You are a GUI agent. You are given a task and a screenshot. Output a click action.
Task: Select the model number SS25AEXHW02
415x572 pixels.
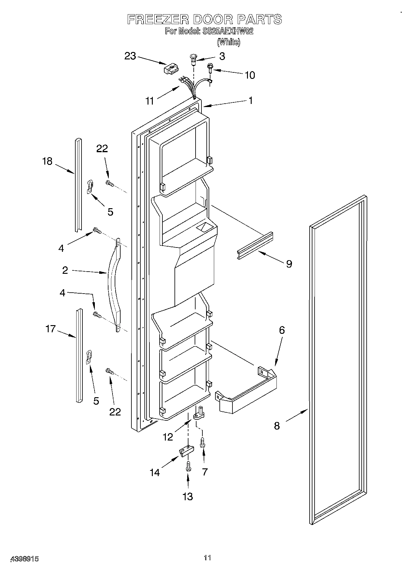click(x=228, y=31)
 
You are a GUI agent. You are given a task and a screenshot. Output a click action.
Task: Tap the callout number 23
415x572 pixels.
click(x=130, y=56)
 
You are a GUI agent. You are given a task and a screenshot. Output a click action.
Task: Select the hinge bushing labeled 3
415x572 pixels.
click(x=193, y=59)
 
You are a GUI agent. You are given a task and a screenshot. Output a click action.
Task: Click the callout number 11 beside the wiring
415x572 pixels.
click(x=150, y=101)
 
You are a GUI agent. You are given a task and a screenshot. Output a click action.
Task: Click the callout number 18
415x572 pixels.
click(x=47, y=161)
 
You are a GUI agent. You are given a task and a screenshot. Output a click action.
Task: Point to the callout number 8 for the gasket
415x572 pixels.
click(x=277, y=426)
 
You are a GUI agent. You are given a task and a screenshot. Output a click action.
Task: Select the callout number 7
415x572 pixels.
click(x=205, y=472)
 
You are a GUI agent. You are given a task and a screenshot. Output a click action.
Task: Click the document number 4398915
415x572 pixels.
click(x=25, y=559)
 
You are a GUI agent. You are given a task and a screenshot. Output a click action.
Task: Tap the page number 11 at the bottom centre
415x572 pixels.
click(x=207, y=558)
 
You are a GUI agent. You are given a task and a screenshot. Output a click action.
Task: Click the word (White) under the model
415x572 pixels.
click(x=228, y=42)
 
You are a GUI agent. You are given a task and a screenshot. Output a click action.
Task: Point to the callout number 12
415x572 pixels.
click(x=168, y=437)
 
